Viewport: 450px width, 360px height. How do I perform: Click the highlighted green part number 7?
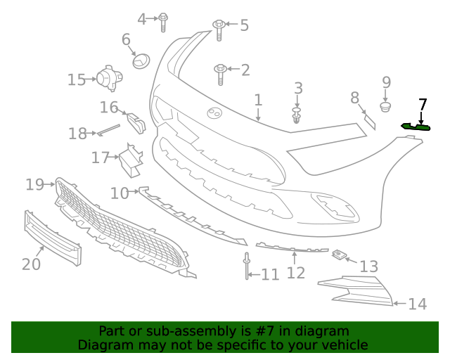[x=416, y=127]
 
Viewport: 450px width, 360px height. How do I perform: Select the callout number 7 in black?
[x=422, y=105]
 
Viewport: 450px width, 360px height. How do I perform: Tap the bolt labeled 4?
[x=163, y=21]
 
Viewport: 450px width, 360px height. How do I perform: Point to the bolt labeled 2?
[x=220, y=71]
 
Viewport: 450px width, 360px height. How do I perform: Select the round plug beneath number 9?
[x=385, y=107]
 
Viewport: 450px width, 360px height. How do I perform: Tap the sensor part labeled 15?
[x=108, y=78]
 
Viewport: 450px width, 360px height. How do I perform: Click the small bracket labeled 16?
[x=136, y=121]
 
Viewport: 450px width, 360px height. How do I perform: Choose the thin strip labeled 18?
[x=109, y=129]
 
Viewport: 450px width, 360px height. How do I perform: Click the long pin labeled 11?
[x=247, y=266]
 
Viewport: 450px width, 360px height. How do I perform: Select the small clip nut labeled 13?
[x=340, y=254]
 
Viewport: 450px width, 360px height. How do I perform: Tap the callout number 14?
[x=417, y=304]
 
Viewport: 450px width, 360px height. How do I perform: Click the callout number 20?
[x=31, y=264]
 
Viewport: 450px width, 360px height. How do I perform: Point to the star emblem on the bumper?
[x=213, y=112]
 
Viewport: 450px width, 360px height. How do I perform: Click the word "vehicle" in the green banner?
[x=345, y=345]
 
